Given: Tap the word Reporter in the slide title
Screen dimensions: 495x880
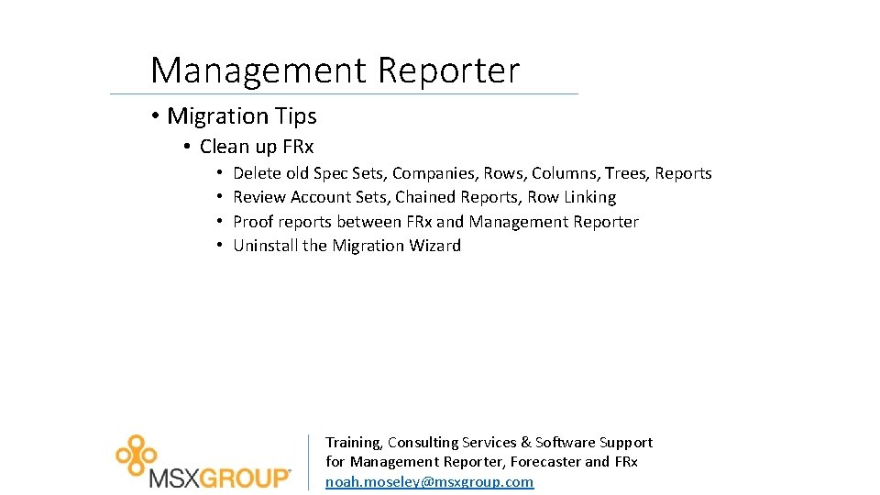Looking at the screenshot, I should [x=448, y=71].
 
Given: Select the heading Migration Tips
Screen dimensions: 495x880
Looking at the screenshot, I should [x=241, y=116].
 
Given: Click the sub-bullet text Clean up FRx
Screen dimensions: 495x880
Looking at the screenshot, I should [x=257, y=147].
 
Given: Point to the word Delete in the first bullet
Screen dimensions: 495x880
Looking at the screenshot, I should [x=257, y=173].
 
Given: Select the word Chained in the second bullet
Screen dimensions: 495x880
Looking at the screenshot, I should [x=425, y=197].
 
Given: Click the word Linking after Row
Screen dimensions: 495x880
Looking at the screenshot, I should [x=588, y=197].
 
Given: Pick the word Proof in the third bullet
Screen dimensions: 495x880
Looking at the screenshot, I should [x=253, y=222].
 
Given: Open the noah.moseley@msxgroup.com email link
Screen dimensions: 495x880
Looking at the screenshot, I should [x=429, y=481].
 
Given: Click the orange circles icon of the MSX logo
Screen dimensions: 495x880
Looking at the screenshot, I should [x=136, y=453].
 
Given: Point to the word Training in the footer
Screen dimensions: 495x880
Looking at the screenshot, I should [x=354, y=442].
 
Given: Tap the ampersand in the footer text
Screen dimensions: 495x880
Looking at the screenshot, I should [x=523, y=442].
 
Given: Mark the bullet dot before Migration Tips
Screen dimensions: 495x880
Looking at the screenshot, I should [x=157, y=116].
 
